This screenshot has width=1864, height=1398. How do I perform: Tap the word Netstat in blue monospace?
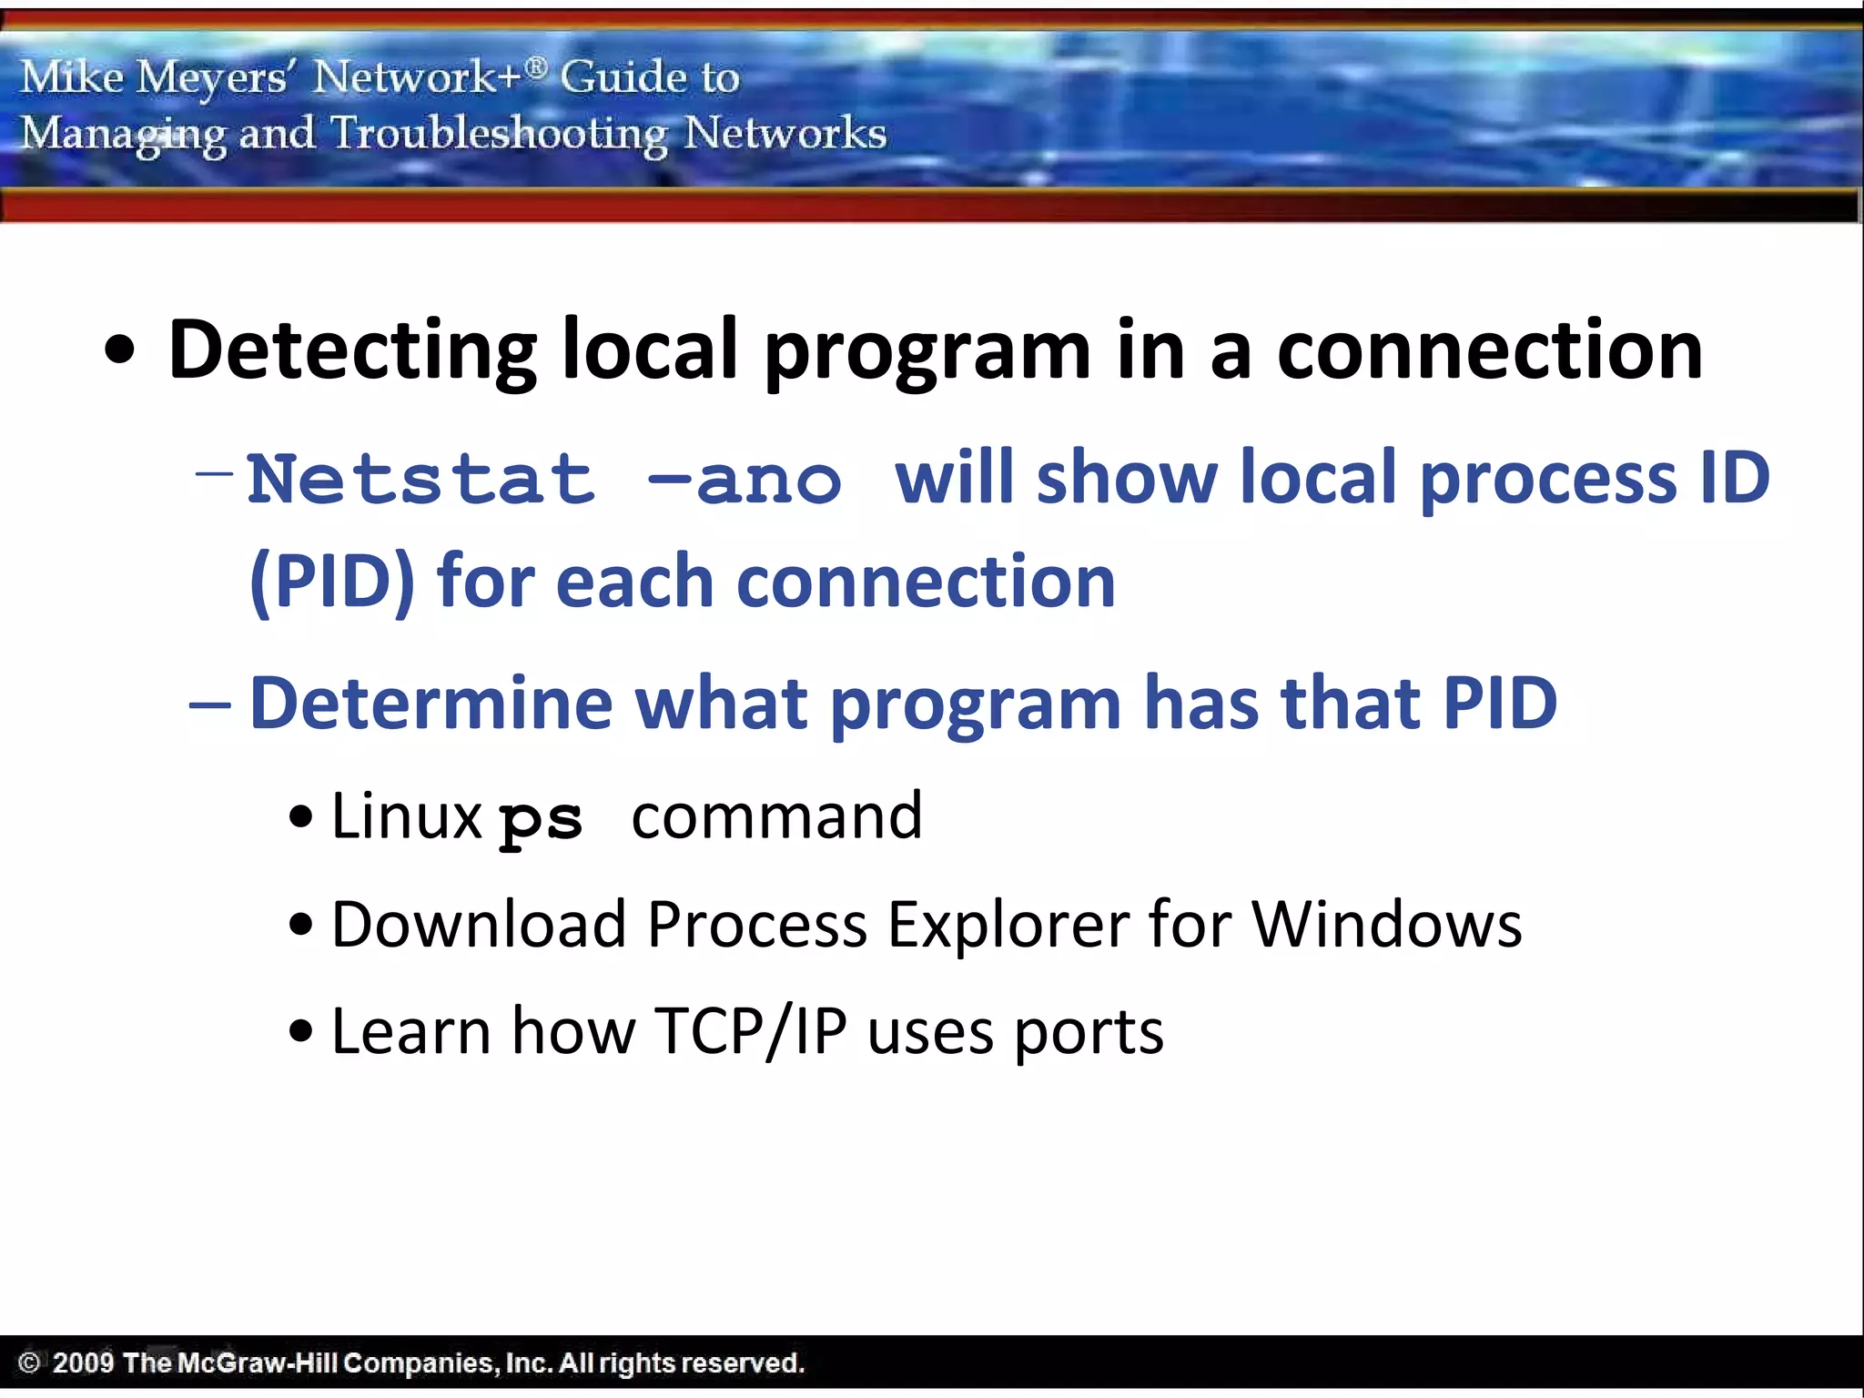tap(420, 480)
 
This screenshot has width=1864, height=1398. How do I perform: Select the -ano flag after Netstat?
tap(745, 480)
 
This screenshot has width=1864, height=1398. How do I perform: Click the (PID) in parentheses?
tap(332, 582)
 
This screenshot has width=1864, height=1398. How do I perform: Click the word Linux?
tap(406, 815)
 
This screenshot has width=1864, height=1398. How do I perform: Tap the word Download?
tap(479, 925)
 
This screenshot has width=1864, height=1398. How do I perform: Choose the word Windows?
tap(1386, 925)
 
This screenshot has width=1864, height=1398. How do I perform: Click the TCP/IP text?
tap(750, 1031)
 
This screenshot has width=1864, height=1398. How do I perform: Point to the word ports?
tap(1089, 1033)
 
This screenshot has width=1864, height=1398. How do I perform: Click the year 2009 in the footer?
tap(83, 1363)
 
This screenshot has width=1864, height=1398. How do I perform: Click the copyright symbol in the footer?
tap(29, 1363)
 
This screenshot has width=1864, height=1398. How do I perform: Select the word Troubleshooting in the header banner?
tap(499, 135)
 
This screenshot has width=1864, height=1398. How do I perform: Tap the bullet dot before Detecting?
tap(119, 353)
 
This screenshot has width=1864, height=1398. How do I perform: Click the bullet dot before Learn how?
tap(300, 1032)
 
